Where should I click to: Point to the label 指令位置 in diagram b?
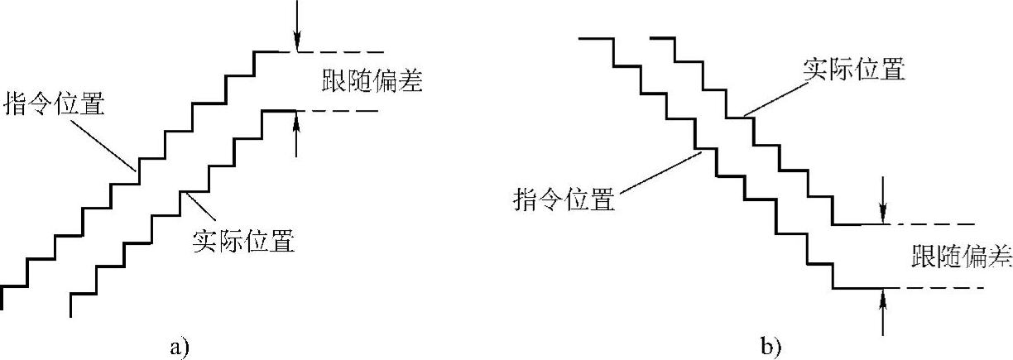(x=564, y=199)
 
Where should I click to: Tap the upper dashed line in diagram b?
(x=931, y=224)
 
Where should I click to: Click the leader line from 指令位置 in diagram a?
(x=99, y=143)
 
